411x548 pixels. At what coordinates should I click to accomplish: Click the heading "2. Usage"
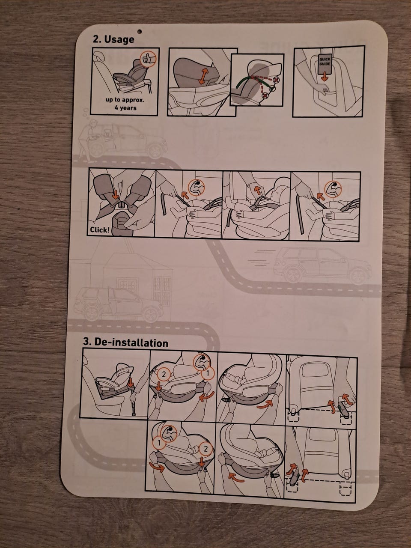[x=113, y=39]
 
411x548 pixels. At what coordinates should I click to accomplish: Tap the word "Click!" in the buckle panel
[x=100, y=229]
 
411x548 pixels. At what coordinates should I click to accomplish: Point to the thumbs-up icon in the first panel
[x=148, y=59]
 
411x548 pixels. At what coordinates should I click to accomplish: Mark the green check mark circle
[x=273, y=88]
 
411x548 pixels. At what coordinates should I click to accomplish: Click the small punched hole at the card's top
[x=140, y=31]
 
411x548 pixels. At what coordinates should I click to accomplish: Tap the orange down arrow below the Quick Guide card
[x=324, y=77]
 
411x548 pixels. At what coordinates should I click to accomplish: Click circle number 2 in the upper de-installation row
[x=164, y=374]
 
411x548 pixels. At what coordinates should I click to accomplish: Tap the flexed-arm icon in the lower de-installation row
[x=169, y=433]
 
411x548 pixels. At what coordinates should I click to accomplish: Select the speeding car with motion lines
[x=322, y=266]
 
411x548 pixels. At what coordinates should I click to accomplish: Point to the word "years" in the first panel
[x=128, y=108]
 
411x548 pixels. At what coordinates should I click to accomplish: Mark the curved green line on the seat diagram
[x=243, y=82]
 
